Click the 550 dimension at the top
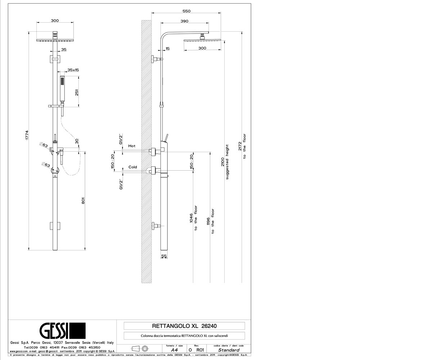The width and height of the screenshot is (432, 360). tap(186, 11)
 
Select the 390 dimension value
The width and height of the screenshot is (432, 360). tap(184, 21)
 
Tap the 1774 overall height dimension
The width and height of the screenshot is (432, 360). tap(27, 135)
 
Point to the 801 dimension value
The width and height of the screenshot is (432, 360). tap(83, 201)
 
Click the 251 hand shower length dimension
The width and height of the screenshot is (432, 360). tap(77, 92)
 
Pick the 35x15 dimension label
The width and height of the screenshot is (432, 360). tap(73, 70)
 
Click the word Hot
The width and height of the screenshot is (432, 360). tap(132, 146)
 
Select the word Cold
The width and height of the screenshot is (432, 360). tap(132, 167)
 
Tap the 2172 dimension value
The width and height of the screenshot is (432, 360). tap(240, 146)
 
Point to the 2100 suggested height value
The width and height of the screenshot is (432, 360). tap(222, 162)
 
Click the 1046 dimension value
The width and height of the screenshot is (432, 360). tap(191, 218)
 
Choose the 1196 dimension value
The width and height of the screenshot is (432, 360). tap(208, 221)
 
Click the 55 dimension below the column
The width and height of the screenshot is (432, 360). tap(164, 256)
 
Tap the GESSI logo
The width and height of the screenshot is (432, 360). tap(63, 330)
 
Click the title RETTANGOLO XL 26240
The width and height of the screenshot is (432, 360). tap(184, 326)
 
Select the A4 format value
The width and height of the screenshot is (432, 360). tap(174, 350)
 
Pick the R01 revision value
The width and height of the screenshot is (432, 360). tap(200, 350)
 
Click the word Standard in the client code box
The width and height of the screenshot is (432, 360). tap(229, 350)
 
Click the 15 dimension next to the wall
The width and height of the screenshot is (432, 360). tap(168, 49)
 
